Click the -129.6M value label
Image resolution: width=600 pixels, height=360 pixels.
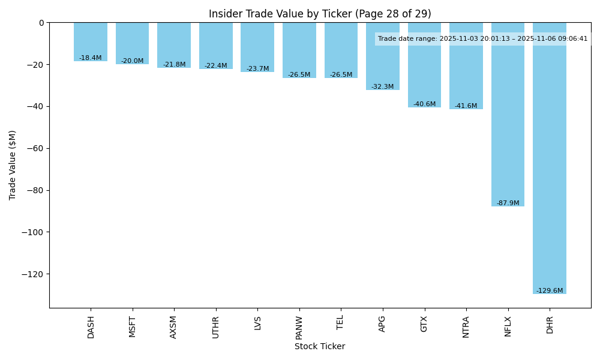[x=550, y=291]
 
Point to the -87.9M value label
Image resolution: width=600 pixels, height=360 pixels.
[x=508, y=203]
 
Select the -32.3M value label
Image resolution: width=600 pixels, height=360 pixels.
[x=383, y=87]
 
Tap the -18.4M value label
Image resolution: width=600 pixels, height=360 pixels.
[x=91, y=58]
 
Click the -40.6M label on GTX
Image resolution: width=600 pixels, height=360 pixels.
[x=424, y=104]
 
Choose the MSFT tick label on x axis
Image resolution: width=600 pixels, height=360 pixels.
[x=133, y=326]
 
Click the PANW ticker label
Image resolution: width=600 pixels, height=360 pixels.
[x=299, y=326]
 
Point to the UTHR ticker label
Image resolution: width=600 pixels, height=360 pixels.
[x=216, y=326]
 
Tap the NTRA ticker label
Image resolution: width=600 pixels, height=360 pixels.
[x=466, y=326]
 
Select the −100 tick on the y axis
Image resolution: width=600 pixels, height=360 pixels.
[x=33, y=232]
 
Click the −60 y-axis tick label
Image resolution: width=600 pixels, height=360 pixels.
[x=35, y=148]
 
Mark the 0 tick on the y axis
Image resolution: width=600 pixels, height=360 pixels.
[x=41, y=23]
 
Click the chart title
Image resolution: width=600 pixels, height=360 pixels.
[x=320, y=14]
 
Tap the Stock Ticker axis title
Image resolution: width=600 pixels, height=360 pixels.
[x=320, y=346]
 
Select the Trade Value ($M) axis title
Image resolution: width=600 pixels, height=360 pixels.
[x=13, y=165]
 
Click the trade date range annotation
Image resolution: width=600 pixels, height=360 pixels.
[x=482, y=39]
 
